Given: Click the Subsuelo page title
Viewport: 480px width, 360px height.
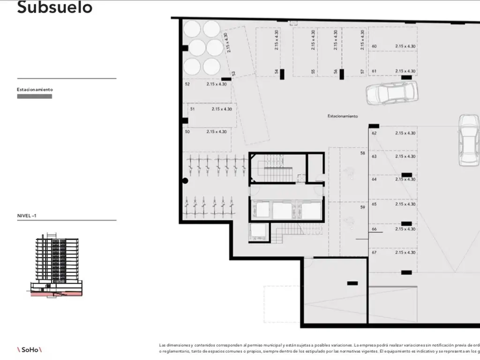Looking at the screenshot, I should [x=54, y=8].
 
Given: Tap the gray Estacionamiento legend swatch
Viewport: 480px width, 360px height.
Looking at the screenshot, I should [x=34, y=97].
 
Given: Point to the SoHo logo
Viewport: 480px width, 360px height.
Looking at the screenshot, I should [x=30, y=349].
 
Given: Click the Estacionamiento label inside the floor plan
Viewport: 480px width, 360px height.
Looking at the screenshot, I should [x=343, y=116].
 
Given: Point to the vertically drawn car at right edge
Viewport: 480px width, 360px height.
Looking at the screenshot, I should [x=469, y=141].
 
